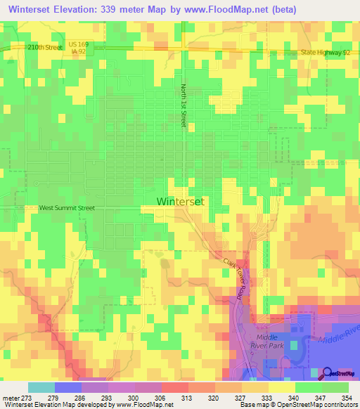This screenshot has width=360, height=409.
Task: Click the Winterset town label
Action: click(179, 201)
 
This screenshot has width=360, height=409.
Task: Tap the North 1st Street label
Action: click(184, 105)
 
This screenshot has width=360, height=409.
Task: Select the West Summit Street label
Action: click(67, 208)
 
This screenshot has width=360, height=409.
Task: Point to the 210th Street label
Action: click(45, 47)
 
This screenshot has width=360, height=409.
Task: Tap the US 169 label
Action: click(78, 44)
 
